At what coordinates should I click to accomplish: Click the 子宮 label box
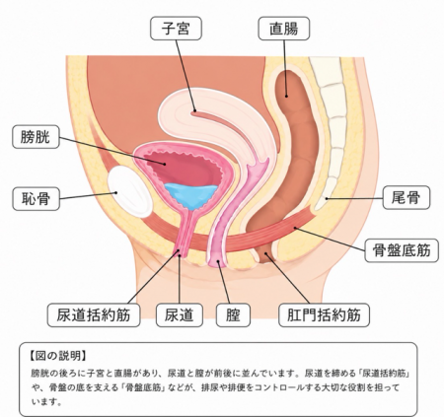(176, 29)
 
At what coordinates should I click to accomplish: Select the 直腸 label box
(284, 29)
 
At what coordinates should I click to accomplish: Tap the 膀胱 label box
(36, 136)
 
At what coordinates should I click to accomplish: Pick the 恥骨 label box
(36, 199)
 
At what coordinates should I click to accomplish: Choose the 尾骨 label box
(407, 198)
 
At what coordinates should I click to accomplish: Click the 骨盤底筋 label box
(402, 250)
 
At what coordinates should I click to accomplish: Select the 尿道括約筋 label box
(94, 315)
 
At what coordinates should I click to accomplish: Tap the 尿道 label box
(180, 315)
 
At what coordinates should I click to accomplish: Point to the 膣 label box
(233, 315)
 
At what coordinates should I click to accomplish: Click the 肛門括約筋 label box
(324, 315)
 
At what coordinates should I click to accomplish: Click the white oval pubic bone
(130, 191)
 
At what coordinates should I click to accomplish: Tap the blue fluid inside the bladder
(191, 196)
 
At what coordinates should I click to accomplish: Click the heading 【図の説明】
(57, 356)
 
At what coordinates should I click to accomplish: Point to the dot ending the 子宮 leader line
(194, 110)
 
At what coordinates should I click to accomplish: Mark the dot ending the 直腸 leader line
(286, 97)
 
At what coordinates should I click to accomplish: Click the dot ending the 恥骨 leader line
(115, 193)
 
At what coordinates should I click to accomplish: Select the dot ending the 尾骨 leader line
(327, 198)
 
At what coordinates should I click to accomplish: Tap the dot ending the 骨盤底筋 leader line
(295, 228)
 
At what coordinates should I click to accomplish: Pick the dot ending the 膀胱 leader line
(164, 164)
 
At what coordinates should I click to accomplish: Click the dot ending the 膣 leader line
(218, 261)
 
